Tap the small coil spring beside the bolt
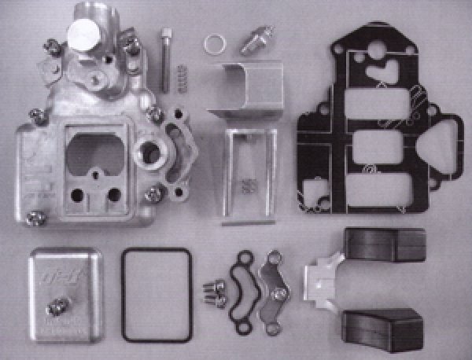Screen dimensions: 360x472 coord(182,79)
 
